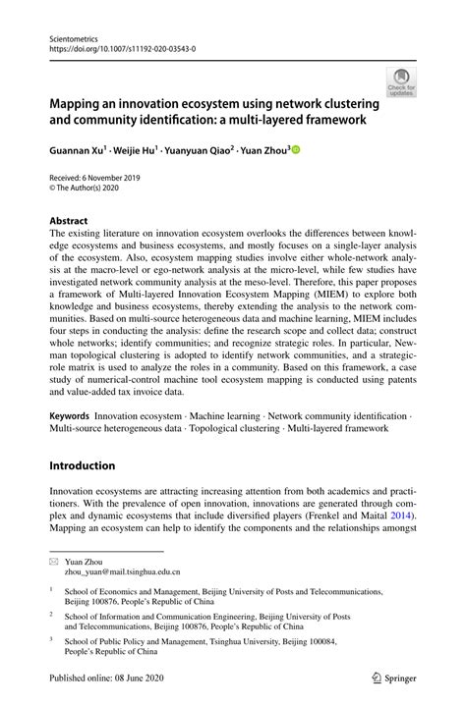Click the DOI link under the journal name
coord(116,46)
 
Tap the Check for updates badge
coord(400,82)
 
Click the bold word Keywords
coord(71,417)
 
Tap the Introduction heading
coord(82,465)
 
